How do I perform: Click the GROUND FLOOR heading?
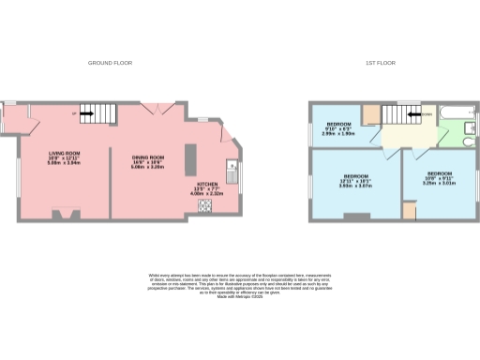pos(110,63)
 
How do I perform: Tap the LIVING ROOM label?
pos(65,156)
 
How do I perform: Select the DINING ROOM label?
pos(149,159)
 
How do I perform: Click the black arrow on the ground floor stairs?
pos(85,115)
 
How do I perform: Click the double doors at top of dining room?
pos(155,110)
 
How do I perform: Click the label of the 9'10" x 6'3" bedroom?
pos(337,128)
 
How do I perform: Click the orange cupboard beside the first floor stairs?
pos(370,114)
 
